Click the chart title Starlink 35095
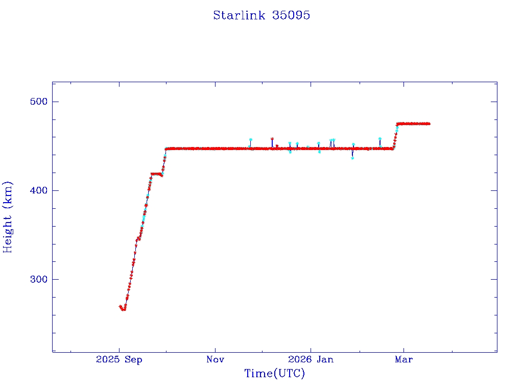pyautogui.click(x=261, y=15)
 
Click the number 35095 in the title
pyautogui.click(x=292, y=15)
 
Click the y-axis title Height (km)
pyautogui.click(x=8, y=217)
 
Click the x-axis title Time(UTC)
pyautogui.click(x=274, y=374)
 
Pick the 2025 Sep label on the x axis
pyautogui.click(x=119, y=359)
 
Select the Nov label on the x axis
pyautogui.click(x=215, y=359)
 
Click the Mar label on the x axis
pyautogui.click(x=403, y=359)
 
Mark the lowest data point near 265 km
pyautogui.click(x=123, y=309)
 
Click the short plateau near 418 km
pyautogui.click(x=156, y=174)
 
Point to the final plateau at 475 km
pyautogui.click(x=413, y=124)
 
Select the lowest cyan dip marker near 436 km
pyautogui.click(x=352, y=158)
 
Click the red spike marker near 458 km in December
pyautogui.click(x=272, y=139)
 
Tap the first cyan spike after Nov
pyautogui.click(x=250, y=139)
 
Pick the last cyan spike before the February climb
pyautogui.click(x=379, y=139)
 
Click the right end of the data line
pyautogui.click(x=429, y=124)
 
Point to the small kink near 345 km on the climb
pyautogui.click(x=138, y=238)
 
